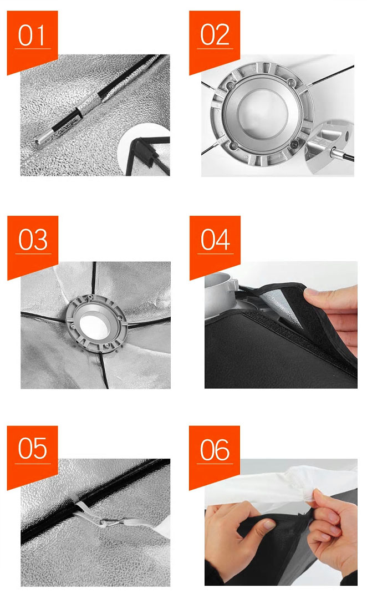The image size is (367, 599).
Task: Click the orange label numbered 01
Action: [32, 40]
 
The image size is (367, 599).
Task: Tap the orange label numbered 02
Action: [214, 40]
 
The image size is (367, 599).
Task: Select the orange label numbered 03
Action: [33, 245]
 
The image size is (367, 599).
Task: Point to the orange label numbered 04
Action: [215, 245]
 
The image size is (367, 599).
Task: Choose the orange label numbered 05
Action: [32, 455]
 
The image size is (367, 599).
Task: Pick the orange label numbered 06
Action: [214, 455]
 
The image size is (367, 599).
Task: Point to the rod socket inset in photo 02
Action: [330, 147]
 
